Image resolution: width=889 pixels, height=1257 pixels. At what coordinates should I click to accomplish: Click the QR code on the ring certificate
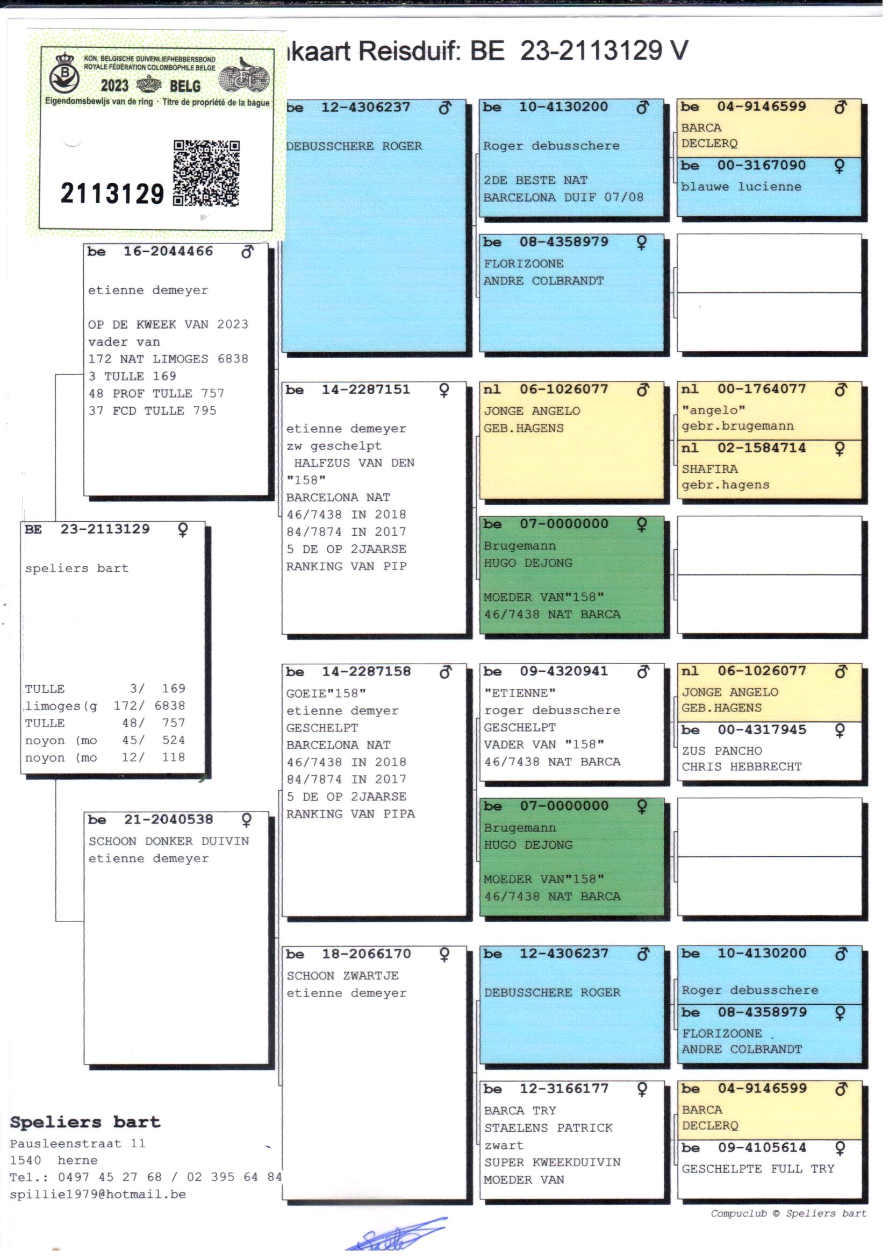click(x=206, y=173)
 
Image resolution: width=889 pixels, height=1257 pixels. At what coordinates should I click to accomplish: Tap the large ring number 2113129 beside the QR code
click(x=112, y=194)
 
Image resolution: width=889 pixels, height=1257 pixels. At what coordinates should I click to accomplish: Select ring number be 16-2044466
click(x=168, y=251)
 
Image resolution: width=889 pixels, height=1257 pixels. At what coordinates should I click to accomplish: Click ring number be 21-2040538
click(x=168, y=819)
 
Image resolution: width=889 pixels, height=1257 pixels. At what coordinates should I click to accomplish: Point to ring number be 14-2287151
click(x=365, y=389)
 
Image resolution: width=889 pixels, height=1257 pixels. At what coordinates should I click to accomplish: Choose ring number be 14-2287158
click(x=365, y=671)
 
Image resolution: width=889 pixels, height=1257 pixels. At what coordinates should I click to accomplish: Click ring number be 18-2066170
click(x=365, y=954)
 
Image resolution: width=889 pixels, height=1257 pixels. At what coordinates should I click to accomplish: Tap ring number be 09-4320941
click(x=564, y=671)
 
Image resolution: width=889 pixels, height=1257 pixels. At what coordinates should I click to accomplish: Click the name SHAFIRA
click(x=709, y=469)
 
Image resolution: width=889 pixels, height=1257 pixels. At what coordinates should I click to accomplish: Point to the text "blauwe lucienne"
click(x=741, y=186)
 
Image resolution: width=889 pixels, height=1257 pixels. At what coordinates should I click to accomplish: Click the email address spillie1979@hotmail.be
click(x=98, y=1194)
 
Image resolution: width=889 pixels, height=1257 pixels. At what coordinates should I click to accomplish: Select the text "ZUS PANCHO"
click(x=721, y=750)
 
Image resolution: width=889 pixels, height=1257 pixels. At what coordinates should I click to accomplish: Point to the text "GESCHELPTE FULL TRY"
click(x=758, y=1168)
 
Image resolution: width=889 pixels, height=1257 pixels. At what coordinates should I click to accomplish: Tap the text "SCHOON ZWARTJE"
click(x=343, y=976)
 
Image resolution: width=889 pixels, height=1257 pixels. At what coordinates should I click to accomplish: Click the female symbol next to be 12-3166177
click(x=642, y=1089)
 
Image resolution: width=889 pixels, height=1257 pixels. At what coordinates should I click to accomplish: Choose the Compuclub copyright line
click(x=788, y=1213)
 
